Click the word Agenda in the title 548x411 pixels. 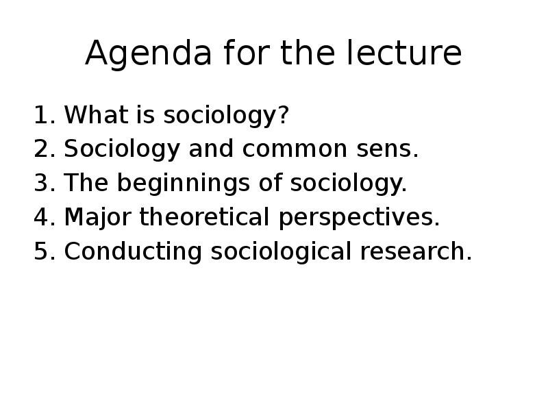pos(149,53)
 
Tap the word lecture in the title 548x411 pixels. pos(404,53)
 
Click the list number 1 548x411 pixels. pos(45,114)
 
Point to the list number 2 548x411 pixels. pos(45,149)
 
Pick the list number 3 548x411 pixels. pos(45,182)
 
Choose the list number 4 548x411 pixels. pos(45,216)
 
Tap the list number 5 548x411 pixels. pos(45,251)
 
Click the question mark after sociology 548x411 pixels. pos(284,114)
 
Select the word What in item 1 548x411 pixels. pos(96,114)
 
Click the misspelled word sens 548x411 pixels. pos(387,149)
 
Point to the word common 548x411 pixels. pos(295,149)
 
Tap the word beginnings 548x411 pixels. pos(184,183)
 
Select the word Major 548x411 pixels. pos(98,217)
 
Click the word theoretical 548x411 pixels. pos(204,216)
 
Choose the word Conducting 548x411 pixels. pos(133,251)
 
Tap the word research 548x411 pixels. pos(416,251)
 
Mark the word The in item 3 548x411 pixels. pos(86,182)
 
